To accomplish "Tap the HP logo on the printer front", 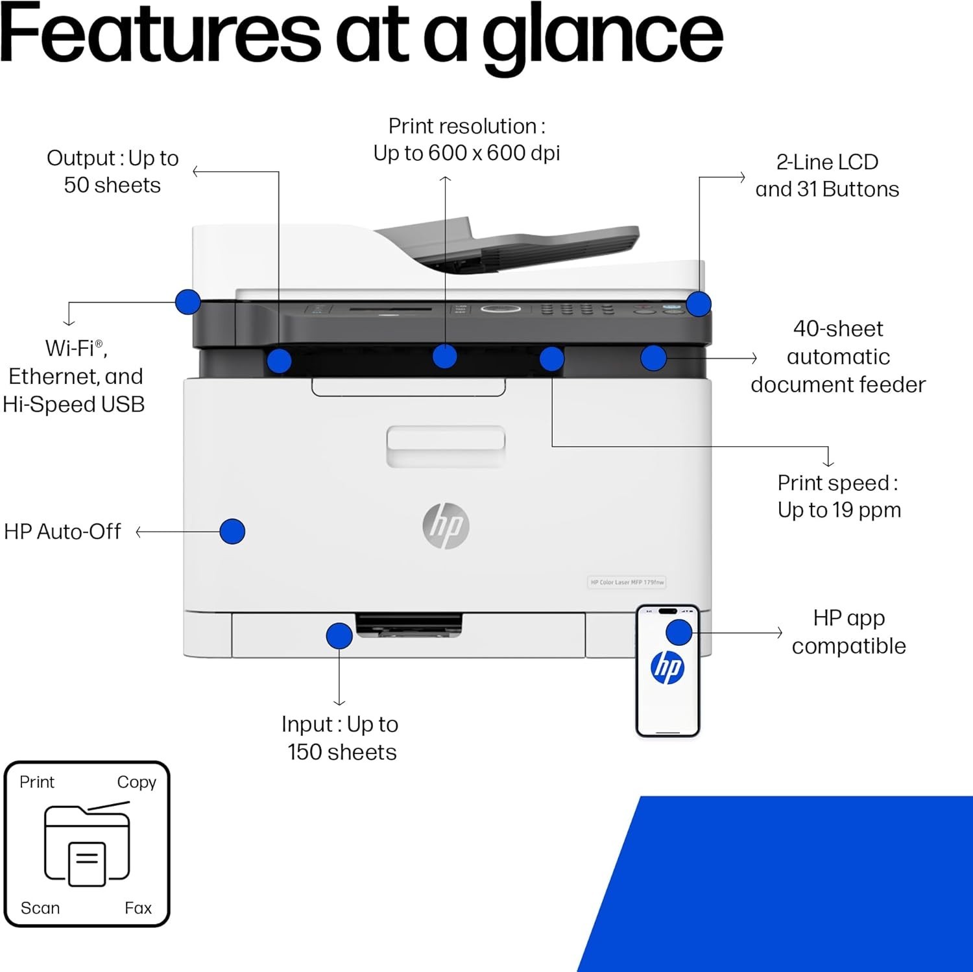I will [x=446, y=525].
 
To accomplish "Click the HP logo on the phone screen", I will [x=667, y=667].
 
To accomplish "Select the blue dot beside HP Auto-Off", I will [x=232, y=531].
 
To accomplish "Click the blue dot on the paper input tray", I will [x=339, y=636].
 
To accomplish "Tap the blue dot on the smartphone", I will [x=679, y=632].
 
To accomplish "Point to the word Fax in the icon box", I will [x=138, y=908].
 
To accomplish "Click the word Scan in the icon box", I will [x=40, y=908].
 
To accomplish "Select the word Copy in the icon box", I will [x=136, y=782].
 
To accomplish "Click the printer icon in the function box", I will [x=87, y=844].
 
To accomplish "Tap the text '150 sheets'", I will [x=342, y=752].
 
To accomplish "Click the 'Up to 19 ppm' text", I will [x=839, y=510].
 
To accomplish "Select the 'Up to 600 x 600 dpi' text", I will [x=466, y=153].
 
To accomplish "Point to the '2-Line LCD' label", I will [x=827, y=162].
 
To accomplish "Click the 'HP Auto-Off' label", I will [x=62, y=532].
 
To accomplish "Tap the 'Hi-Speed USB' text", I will [x=74, y=405].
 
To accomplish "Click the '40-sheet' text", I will [x=838, y=329].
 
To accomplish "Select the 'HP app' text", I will [x=848, y=618].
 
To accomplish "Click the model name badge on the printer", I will [x=627, y=582].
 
